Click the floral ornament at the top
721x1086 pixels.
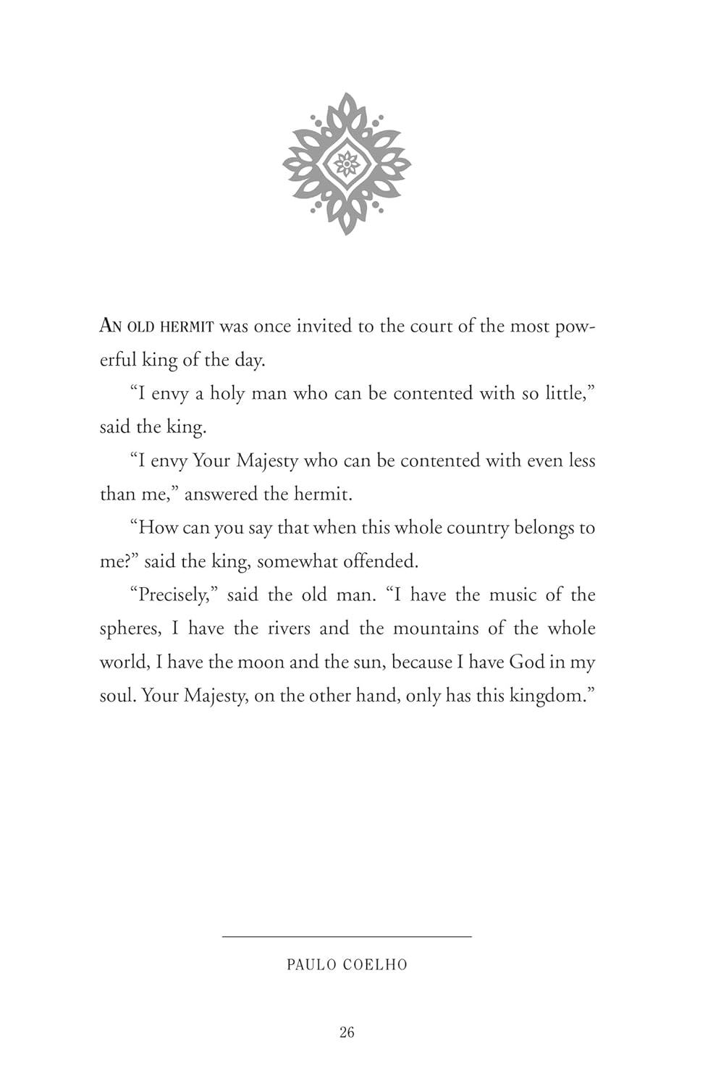(x=347, y=164)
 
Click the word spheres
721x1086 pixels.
(x=130, y=629)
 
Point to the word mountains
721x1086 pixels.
(x=437, y=628)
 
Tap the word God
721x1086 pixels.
(x=527, y=662)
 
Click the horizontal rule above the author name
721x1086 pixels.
(x=347, y=937)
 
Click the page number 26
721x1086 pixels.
(x=347, y=1032)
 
